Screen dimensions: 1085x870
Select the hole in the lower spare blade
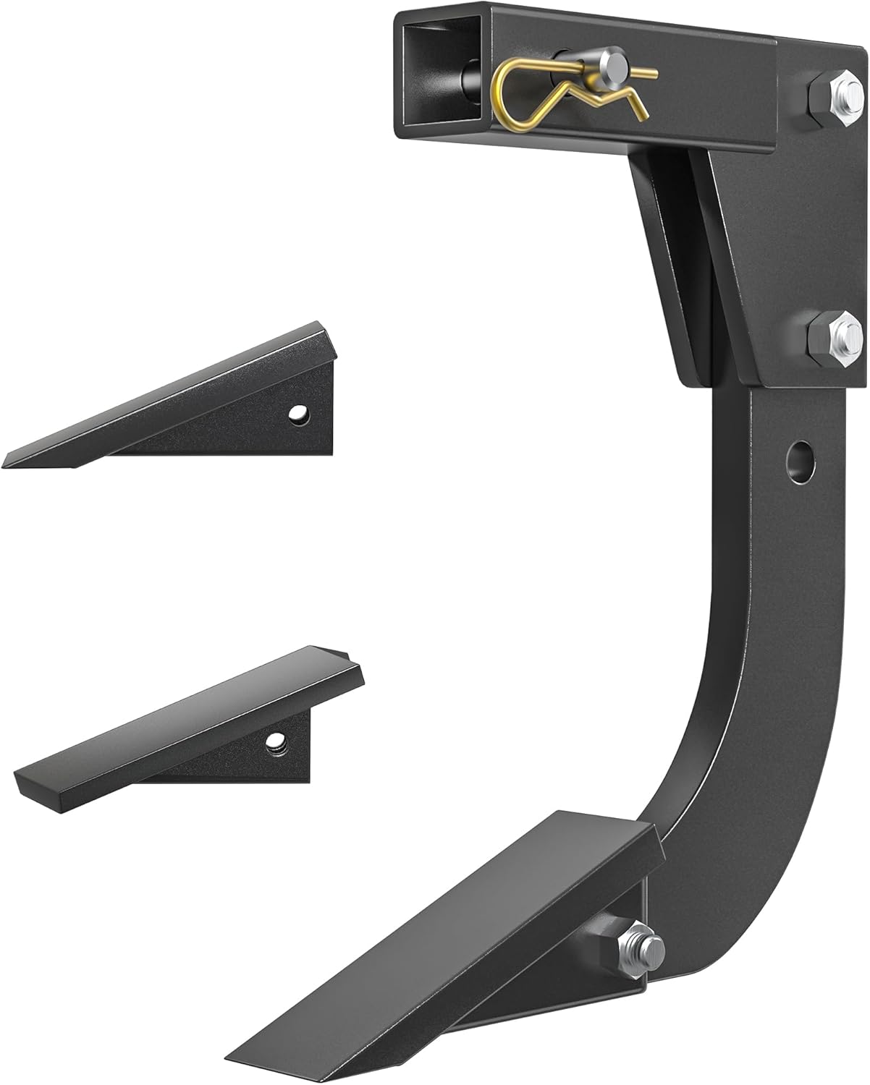coord(274,741)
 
